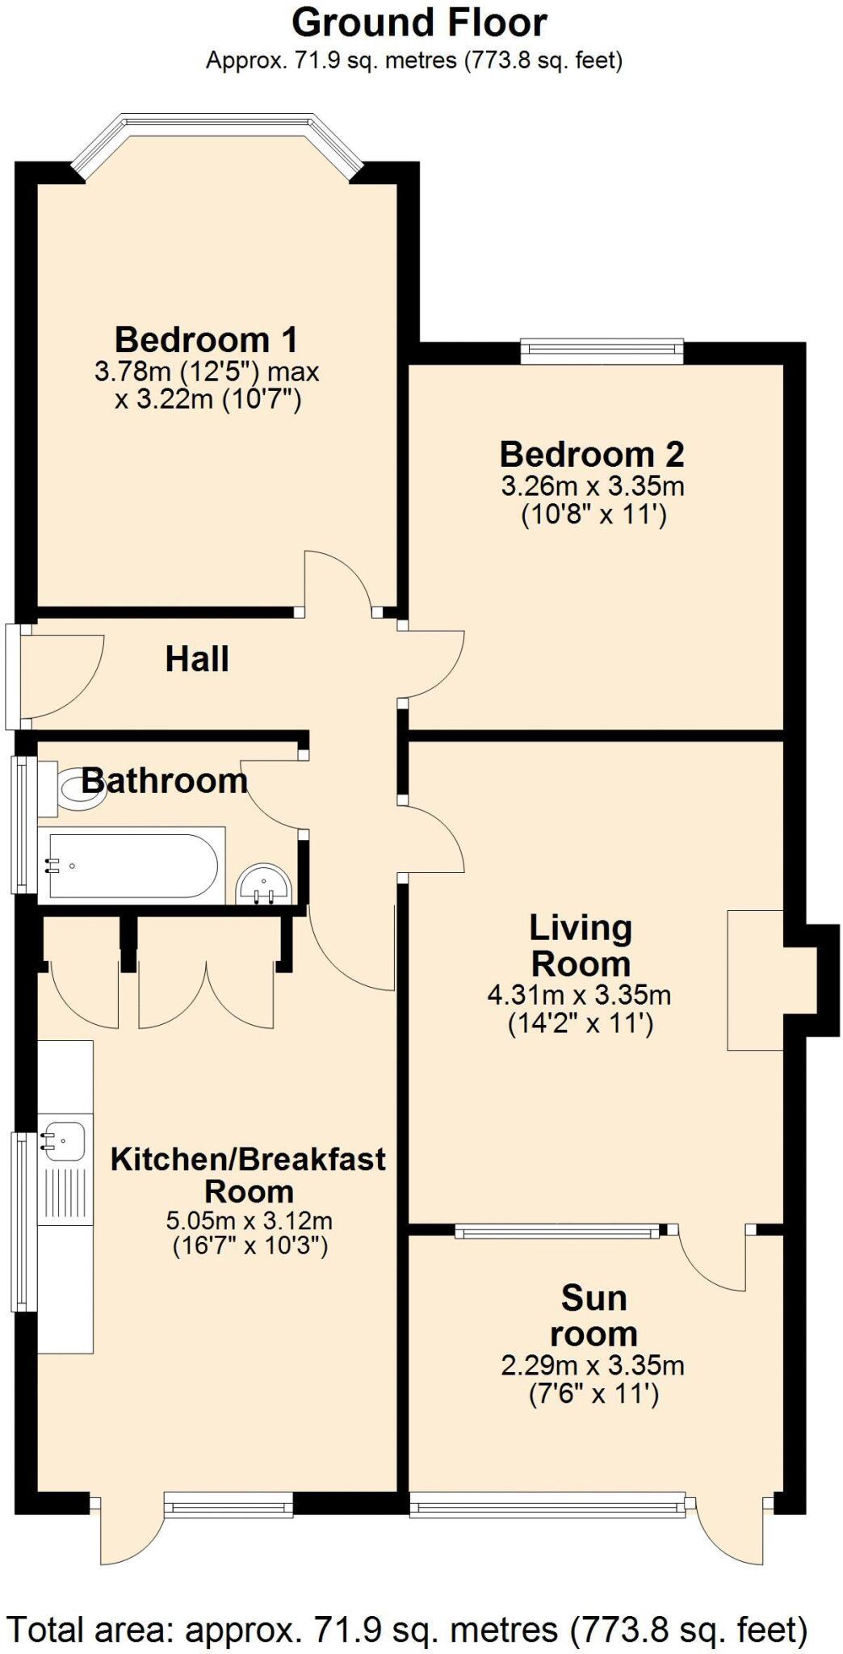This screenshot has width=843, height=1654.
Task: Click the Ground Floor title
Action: [x=419, y=23]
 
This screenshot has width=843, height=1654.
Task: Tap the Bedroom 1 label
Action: [x=206, y=339]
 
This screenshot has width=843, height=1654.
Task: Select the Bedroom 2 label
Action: [x=592, y=455]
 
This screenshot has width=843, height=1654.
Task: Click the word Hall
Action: [x=197, y=659]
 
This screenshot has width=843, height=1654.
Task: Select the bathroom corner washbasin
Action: [x=264, y=886]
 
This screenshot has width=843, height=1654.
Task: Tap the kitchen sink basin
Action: [x=63, y=1139]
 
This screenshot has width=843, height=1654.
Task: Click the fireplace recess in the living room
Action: [x=755, y=980]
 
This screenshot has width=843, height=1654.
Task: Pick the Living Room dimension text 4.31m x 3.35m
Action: [x=579, y=994]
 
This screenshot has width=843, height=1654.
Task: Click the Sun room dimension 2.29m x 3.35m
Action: [x=593, y=1366]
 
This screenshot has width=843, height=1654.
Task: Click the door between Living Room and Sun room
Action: [x=711, y=1260]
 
